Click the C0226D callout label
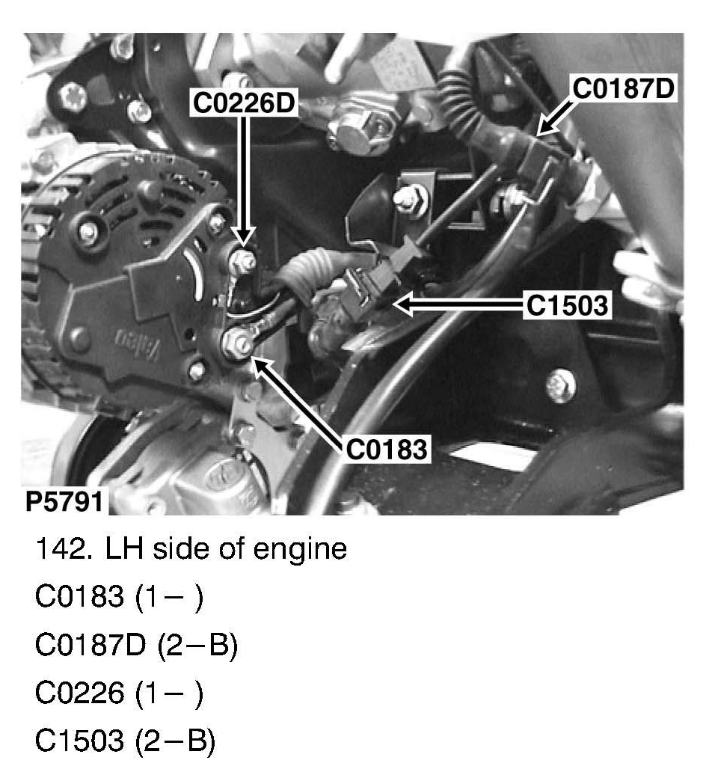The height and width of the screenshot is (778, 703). [x=244, y=104]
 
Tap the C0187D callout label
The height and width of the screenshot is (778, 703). [x=624, y=88]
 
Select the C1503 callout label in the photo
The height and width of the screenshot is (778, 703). [x=566, y=305]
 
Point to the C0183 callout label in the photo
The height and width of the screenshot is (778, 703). [x=386, y=450]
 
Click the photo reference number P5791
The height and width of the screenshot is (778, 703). [x=64, y=501]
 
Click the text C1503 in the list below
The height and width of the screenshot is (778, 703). [x=76, y=741]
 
